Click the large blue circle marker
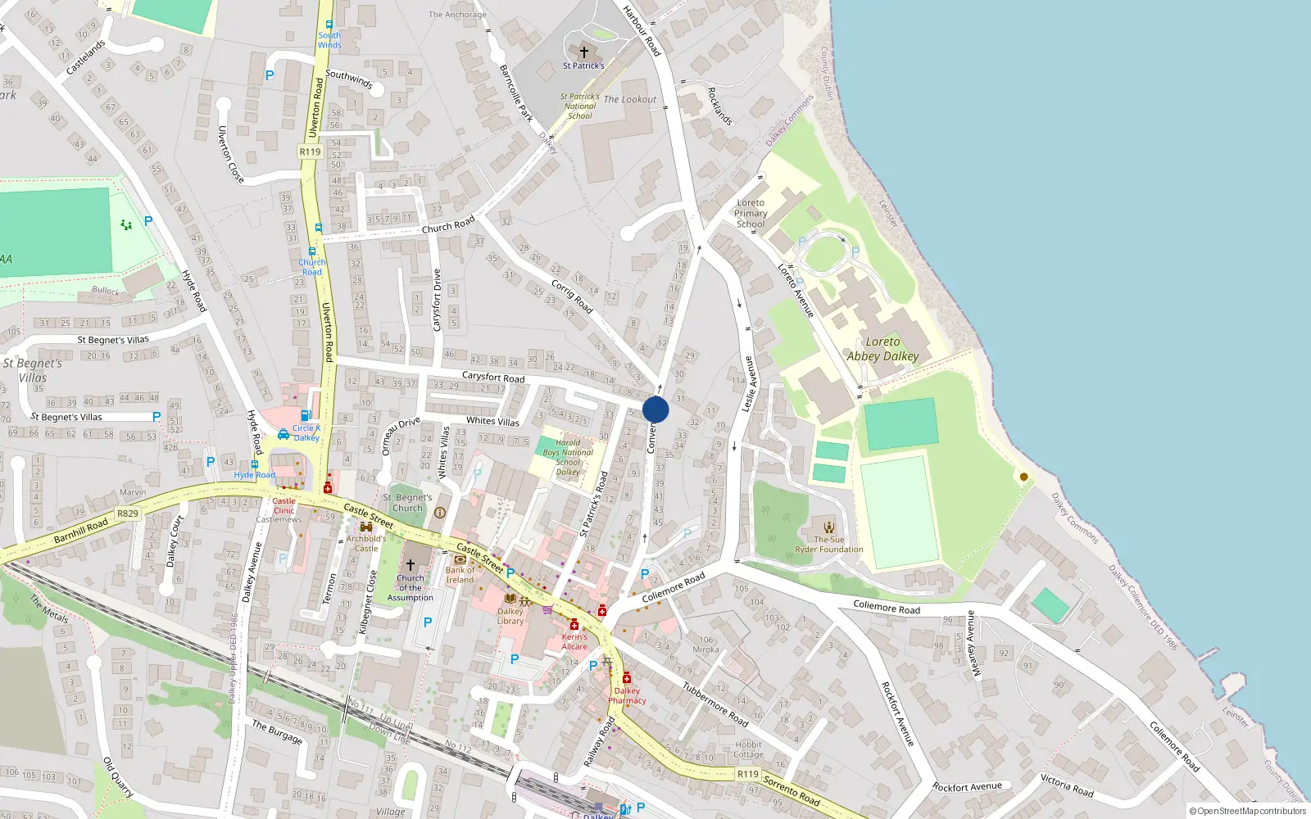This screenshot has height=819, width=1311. pos(655,409)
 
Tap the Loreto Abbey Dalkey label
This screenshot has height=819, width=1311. pos(882,349)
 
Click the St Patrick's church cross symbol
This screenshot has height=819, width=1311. pos(583,52)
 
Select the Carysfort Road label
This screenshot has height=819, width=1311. pos(493,378)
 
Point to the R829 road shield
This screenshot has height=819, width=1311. pos(127,514)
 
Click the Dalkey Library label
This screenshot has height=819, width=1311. pos(510,616)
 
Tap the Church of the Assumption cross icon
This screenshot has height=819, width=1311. pos(411,565)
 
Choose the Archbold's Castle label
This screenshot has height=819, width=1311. pos(366,543)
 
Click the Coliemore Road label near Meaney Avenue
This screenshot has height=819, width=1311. pos(886,607)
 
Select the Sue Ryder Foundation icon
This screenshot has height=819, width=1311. pos(829,527)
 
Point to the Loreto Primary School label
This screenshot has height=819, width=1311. pos(751,213)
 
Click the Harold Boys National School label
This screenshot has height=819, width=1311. pos(568,457)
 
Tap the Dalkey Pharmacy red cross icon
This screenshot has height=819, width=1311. pos(627,678)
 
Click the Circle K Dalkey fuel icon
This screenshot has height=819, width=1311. pos(305,416)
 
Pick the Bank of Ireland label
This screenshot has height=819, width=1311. pos(460,575)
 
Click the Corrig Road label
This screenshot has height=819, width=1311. pos(572,297)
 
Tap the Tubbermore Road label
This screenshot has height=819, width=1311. pos(715,705)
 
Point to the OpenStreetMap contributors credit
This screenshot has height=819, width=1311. pos(1247,811)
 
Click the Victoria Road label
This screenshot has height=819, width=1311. pos(1067,785)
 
